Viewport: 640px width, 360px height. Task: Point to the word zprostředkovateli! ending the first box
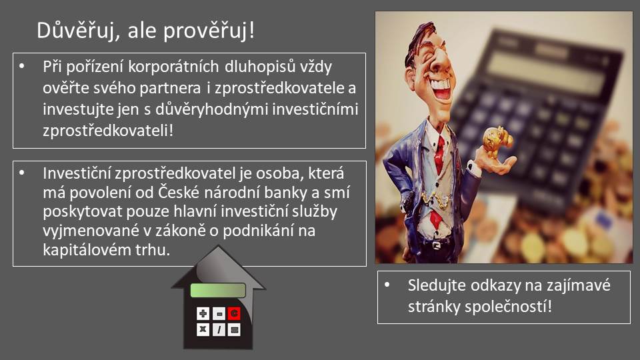108,131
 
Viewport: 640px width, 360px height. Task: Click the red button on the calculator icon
234,313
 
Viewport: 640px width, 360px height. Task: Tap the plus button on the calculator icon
203,313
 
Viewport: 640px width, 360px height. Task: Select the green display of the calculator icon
218,290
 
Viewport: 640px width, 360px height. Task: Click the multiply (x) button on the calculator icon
203,329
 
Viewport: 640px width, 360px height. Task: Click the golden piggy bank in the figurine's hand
497,141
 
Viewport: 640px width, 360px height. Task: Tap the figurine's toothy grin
441,87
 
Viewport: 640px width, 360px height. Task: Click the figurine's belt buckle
436,245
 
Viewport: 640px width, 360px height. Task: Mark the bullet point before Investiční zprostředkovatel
22,173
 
